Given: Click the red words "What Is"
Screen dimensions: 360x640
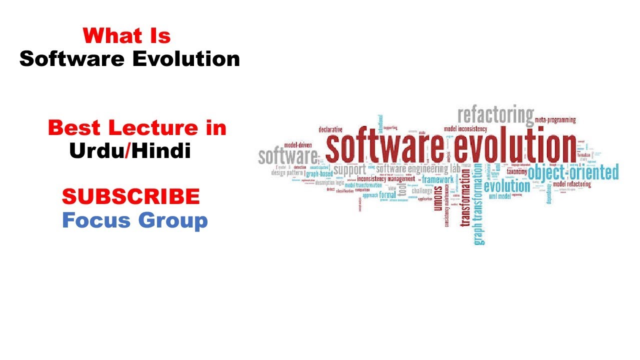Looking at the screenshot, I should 127,36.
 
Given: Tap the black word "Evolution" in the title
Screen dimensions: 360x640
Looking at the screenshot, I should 186,59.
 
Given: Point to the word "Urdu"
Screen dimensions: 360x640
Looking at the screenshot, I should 96,150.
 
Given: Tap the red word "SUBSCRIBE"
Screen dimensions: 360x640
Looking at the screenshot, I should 131,196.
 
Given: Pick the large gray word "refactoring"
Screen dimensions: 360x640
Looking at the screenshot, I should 495,115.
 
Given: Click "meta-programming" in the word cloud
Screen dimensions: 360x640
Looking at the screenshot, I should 555,120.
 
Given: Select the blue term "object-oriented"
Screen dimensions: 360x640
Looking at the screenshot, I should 573,173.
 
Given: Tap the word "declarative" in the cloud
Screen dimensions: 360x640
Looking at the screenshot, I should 330,130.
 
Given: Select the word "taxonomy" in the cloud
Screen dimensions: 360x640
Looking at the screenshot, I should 516,171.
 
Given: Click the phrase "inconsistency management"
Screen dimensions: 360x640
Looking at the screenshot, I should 385,178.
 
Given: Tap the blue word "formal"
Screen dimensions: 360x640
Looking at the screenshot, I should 387,194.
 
